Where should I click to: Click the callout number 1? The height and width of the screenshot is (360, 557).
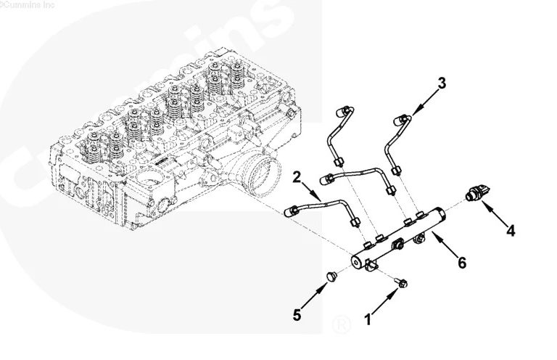(x=369, y=318)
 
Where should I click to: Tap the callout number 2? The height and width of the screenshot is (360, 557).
(x=297, y=176)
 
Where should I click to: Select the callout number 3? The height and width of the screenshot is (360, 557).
(x=442, y=83)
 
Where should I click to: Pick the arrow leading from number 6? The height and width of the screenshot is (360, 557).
(x=444, y=246)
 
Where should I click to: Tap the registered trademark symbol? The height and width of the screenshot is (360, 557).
(x=339, y=322)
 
